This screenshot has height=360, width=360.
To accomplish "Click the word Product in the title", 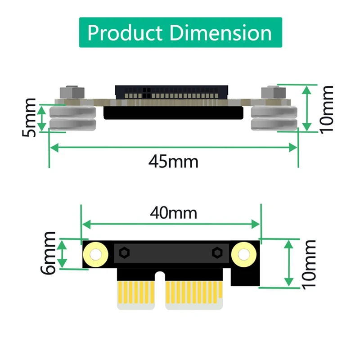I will [x=125, y=32].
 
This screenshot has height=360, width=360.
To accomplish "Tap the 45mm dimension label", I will [x=173, y=161].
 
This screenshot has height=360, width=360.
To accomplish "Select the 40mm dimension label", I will [x=173, y=212].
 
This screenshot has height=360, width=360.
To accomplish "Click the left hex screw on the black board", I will [x=123, y=252].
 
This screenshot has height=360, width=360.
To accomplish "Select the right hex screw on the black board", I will [x=217, y=252].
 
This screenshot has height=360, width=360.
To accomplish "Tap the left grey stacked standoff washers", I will [x=72, y=118].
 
